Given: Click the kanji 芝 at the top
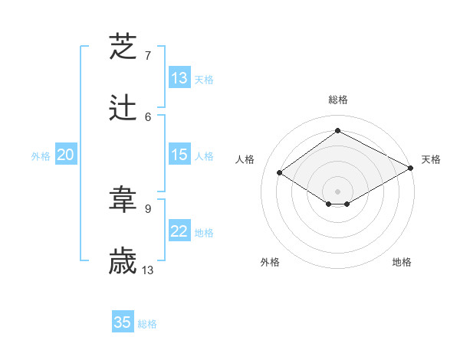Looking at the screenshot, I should [x=123, y=47].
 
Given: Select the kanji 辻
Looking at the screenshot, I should [x=123, y=109].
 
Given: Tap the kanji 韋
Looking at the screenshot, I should [x=123, y=201].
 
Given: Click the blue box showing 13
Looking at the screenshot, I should [x=179, y=78].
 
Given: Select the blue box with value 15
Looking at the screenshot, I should [x=179, y=155].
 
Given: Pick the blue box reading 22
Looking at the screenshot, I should [x=179, y=231].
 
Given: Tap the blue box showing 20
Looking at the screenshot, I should [x=66, y=155].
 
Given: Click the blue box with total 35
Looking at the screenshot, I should [x=123, y=322].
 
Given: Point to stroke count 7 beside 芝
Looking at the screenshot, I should [x=148, y=56].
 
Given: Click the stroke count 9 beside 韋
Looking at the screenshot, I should [x=148, y=208].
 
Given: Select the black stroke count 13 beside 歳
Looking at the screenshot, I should [x=148, y=270].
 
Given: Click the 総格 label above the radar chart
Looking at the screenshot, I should [x=337, y=100].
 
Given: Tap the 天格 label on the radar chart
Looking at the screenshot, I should [x=432, y=159].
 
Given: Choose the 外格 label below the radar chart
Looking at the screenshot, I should [x=270, y=262].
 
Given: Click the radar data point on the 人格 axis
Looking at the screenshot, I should [x=280, y=173].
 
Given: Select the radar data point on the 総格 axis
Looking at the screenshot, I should [x=337, y=131].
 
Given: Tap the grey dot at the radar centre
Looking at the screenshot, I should [x=337, y=191].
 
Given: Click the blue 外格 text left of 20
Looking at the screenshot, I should [x=41, y=156].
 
